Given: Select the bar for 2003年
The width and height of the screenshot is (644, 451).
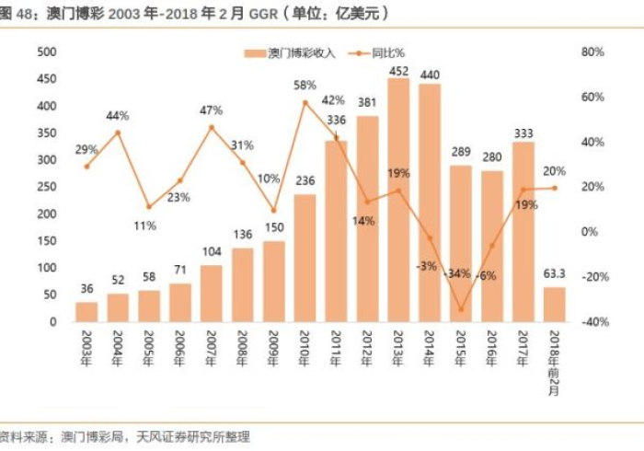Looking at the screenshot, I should [86, 312].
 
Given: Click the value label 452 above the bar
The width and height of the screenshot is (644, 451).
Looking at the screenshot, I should [398, 70].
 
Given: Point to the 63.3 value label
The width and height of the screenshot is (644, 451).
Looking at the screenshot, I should [554, 272].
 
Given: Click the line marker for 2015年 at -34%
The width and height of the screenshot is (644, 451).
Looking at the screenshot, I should [461, 309].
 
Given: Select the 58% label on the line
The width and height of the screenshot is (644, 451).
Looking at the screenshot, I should [305, 86].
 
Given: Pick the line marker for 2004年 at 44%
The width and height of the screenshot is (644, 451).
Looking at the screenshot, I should [118, 133].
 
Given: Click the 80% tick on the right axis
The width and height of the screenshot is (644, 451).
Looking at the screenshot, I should [592, 52].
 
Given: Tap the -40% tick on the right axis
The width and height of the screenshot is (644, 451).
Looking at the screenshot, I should [592, 322].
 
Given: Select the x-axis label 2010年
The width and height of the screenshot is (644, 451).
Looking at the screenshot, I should [305, 348].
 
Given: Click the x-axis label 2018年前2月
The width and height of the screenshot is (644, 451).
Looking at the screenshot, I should [554, 359].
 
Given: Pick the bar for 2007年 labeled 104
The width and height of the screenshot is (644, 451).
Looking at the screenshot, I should [212, 294].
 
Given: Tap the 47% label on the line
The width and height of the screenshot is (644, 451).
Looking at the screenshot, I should [212, 110].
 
